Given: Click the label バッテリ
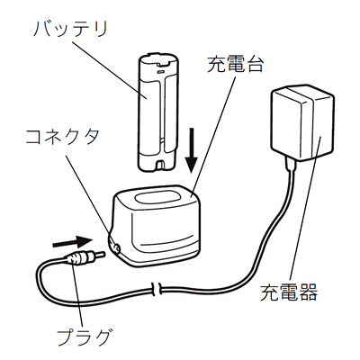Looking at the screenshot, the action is click(x=71, y=29).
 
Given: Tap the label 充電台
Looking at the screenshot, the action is click(x=235, y=64).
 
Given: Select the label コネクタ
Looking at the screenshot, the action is click(x=62, y=137).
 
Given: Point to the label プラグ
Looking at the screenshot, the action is click(x=85, y=337).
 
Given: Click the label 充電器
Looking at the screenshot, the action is click(x=289, y=292).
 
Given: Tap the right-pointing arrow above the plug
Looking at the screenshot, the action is click(x=72, y=241).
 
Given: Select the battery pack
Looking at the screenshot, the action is click(x=157, y=112).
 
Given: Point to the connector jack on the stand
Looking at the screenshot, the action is click(x=116, y=247).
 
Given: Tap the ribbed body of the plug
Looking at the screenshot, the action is click(x=79, y=257).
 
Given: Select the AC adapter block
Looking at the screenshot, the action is click(x=302, y=122).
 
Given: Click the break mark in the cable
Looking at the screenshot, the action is click(x=156, y=289).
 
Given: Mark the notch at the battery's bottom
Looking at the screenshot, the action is click(x=159, y=165).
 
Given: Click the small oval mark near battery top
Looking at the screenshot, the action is click(x=161, y=72).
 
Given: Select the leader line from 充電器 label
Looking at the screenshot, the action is click(x=305, y=210).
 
